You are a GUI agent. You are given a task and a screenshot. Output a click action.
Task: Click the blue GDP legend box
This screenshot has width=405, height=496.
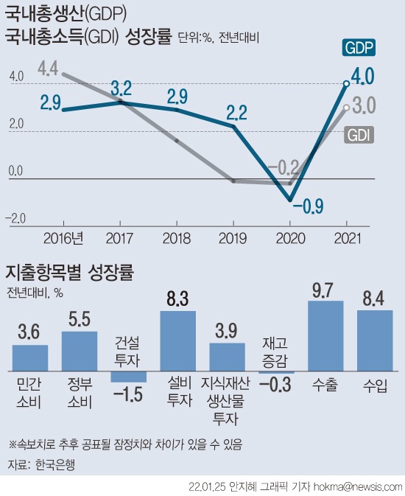[x=359, y=48]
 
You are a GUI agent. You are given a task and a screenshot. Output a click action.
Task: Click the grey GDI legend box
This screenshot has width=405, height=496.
[x=359, y=134]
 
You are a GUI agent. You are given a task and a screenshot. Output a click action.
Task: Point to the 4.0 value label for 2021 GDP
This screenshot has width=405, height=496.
[x=364, y=77]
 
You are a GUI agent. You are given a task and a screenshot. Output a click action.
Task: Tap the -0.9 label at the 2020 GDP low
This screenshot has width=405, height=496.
[x=309, y=206]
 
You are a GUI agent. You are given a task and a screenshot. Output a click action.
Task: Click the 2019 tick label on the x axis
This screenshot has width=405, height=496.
[x=233, y=237]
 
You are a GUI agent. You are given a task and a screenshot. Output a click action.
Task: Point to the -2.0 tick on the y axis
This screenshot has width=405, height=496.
[x=16, y=218]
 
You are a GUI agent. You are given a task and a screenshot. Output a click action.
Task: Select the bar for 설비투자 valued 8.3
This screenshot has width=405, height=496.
[x=178, y=340]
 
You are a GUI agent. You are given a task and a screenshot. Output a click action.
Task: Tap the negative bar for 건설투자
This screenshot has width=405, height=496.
[x=129, y=377]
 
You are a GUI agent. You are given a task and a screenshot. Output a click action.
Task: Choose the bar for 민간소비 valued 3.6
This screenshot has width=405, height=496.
[x=30, y=357]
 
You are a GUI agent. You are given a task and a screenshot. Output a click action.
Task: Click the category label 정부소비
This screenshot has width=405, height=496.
[x=80, y=392]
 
